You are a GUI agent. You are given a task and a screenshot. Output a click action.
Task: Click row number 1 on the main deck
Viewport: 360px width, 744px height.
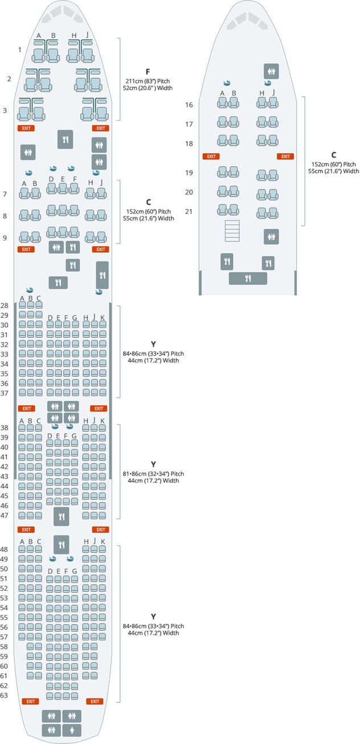click(x=20, y=50)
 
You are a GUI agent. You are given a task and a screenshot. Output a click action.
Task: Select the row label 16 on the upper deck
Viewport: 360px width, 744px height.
click(x=189, y=105)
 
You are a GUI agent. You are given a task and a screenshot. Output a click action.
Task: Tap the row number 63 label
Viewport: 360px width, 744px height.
click(x=5, y=695)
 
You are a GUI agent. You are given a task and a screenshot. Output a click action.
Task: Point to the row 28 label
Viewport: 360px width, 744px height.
click(x=5, y=306)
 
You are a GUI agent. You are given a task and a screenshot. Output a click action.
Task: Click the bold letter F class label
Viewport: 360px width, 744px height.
click(x=148, y=72)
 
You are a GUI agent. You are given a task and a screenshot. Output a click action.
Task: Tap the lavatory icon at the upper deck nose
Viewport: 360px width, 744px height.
click(x=271, y=71)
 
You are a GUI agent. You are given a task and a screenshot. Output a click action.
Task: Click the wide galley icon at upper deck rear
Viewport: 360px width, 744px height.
click(x=248, y=278)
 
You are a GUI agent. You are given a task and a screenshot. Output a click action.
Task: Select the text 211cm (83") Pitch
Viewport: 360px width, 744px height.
click(x=148, y=81)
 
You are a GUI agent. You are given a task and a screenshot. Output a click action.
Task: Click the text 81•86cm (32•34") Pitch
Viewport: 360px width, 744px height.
click(x=153, y=474)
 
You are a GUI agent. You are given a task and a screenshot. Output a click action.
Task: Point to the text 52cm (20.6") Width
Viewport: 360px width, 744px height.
click(x=148, y=88)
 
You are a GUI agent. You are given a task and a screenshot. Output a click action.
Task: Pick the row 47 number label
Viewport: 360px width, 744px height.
click(x=5, y=515)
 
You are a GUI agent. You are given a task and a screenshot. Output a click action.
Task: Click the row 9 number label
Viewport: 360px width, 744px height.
click(x=5, y=237)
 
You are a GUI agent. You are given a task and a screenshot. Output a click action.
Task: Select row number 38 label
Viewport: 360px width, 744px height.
click(x=5, y=428)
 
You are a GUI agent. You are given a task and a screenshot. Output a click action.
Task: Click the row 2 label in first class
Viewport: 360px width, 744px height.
click(x=9, y=79)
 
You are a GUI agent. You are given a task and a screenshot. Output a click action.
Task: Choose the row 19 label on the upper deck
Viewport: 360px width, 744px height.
click(x=189, y=172)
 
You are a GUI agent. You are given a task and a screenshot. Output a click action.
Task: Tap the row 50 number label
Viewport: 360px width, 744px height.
click(x=5, y=569)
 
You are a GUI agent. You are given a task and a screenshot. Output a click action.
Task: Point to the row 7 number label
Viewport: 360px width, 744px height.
click(x=5, y=194)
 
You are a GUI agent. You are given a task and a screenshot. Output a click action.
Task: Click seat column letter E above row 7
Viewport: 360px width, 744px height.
click(x=63, y=179)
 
